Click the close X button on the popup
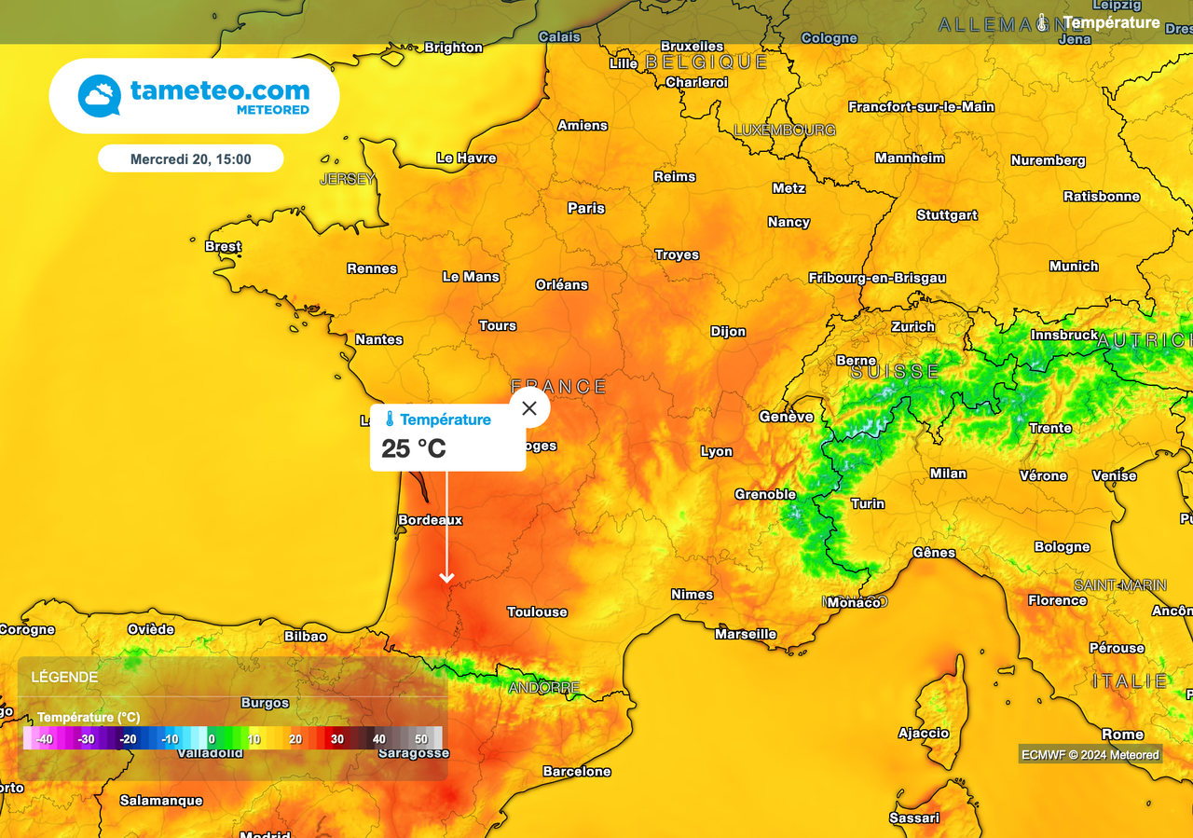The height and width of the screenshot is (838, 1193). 529,408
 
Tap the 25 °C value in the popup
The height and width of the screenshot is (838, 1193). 414,448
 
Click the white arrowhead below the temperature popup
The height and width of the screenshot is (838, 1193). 447,579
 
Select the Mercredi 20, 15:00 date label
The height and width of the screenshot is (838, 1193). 191,159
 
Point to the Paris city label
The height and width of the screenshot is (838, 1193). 586,208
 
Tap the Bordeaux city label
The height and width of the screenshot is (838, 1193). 431,519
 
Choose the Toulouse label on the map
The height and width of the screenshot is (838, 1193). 537,611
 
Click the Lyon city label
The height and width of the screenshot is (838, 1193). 717,451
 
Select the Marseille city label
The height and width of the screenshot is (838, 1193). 746,634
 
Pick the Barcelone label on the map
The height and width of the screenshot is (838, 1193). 577,771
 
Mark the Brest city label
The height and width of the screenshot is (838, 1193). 223,246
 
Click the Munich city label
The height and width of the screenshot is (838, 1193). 1074,266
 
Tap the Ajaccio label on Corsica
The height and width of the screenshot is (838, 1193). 924,733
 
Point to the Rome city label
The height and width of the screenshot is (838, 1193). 1122,734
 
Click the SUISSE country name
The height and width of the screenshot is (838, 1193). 896,371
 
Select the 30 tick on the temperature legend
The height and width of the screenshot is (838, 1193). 337,739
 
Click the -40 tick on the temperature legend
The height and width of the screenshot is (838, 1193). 45,739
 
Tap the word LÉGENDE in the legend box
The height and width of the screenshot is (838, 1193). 64,678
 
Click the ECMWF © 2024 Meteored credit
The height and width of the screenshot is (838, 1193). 1090,755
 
